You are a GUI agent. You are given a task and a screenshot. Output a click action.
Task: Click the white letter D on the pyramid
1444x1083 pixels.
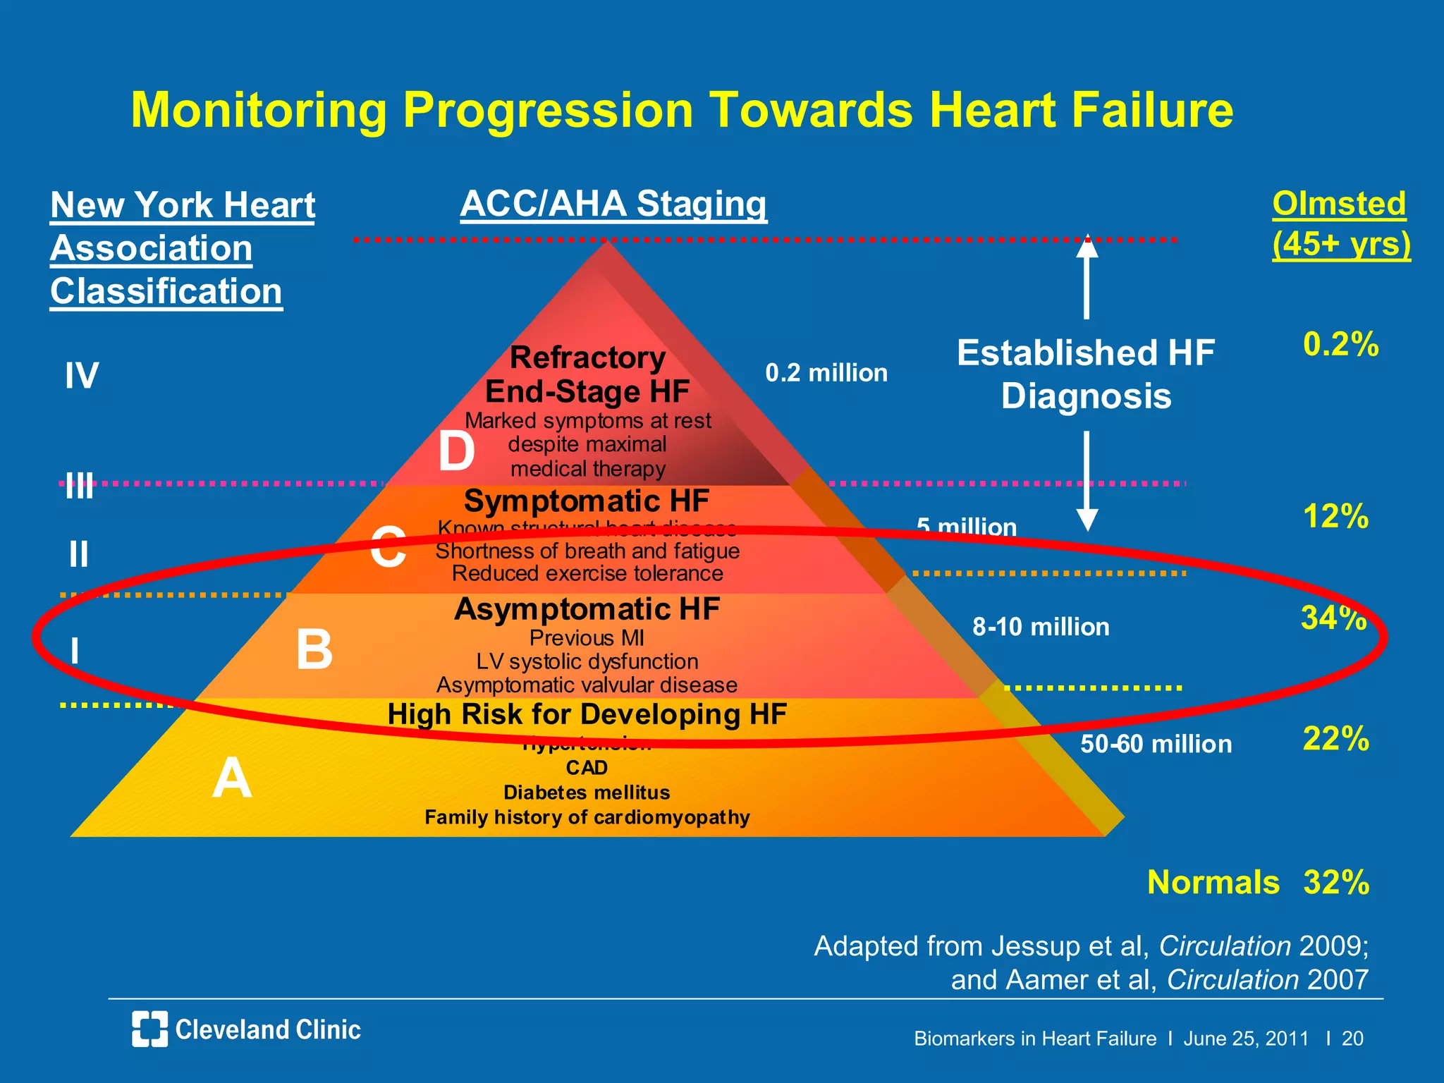pos(456,451)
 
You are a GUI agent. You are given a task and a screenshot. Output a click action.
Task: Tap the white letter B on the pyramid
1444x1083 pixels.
pos(314,649)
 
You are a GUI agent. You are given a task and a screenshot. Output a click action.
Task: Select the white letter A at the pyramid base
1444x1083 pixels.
pos(232,778)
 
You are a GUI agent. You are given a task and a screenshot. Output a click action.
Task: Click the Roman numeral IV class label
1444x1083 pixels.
pos(82,375)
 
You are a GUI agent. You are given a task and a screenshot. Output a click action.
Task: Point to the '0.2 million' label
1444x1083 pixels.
pos(826,372)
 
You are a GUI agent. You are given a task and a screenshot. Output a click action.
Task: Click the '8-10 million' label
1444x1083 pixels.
pos(1041,627)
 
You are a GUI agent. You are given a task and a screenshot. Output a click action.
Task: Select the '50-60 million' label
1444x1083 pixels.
pos(1156,744)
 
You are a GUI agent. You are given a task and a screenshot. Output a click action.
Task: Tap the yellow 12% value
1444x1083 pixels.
pos(1335,516)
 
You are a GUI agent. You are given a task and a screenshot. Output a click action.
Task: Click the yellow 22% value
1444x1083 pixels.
pos(1335,738)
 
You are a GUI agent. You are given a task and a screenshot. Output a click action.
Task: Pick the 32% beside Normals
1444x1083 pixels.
pos(1336,882)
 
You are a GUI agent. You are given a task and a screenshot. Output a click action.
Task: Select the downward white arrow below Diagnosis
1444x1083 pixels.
pos(1087,482)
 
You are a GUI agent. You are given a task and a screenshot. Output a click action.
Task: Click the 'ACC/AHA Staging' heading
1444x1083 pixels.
pos(613,204)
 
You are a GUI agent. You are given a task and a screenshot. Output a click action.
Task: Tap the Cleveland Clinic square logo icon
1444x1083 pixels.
pos(149,1029)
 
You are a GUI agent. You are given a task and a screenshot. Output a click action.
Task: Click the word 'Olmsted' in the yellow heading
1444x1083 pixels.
pos(1339,204)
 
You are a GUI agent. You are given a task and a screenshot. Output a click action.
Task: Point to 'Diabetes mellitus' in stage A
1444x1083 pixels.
pos(587,793)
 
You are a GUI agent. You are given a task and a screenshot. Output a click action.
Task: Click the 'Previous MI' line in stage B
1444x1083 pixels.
pos(587,638)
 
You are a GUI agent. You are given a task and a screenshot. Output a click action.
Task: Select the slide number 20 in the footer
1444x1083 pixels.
pos(1352,1039)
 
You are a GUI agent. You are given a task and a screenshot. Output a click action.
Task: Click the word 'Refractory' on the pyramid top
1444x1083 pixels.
pos(587,357)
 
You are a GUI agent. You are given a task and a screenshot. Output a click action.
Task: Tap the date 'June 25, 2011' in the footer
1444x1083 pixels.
pos(1246,1039)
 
